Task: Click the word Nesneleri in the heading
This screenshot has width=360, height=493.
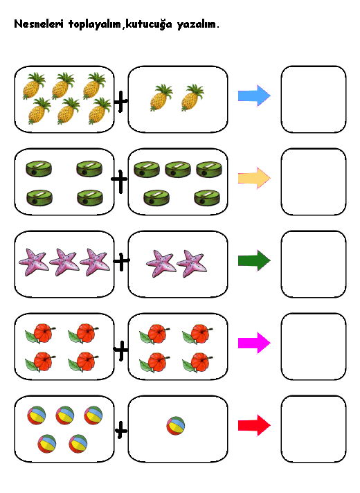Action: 39,24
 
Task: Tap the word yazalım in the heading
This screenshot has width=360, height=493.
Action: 197,25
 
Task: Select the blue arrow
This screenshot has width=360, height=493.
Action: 254,96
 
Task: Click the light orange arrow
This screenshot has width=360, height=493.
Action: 254,178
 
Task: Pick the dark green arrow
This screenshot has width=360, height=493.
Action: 254,260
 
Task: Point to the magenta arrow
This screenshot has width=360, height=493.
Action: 254,343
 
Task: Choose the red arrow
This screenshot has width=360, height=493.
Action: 254,425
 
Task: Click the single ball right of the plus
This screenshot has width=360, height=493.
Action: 176,426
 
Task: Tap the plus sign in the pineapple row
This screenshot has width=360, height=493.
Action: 120,101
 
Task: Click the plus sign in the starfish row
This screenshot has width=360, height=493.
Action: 121,260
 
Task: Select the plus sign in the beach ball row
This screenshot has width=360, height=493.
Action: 121,430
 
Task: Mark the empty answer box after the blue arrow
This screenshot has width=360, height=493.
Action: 314,99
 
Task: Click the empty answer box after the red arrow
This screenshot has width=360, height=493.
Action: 314,429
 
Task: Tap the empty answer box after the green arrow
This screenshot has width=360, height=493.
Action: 314,264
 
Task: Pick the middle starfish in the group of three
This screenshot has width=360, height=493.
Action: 64,262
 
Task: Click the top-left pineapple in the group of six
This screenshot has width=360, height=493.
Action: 34,86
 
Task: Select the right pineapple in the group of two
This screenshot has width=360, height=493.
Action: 192,98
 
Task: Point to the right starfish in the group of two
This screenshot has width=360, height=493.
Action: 192,264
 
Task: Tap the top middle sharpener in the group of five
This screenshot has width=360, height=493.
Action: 178,169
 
